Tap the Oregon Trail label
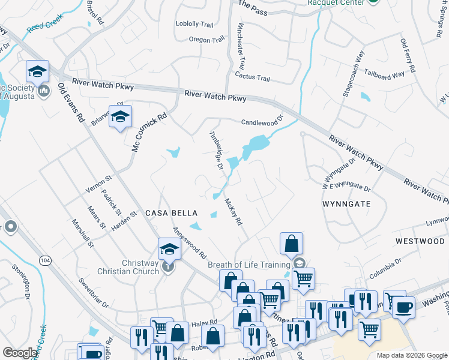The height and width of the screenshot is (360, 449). [x=206, y=40]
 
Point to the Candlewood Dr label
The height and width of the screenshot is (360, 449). [x=261, y=122]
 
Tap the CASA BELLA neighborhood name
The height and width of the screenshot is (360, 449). [x=169, y=213]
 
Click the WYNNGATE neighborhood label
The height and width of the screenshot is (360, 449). [x=346, y=204]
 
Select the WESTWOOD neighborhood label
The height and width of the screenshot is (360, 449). [x=420, y=241]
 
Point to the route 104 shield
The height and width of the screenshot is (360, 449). [x=44, y=260]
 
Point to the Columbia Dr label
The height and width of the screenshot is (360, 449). [x=385, y=268]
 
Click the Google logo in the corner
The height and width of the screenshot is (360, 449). [x=20, y=352]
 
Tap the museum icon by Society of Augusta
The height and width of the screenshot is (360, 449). [x=43, y=91]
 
